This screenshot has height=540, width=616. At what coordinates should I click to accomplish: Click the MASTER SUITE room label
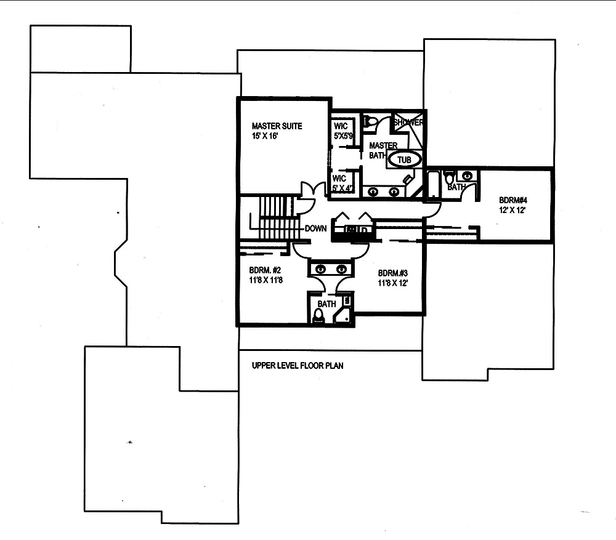point(277,126)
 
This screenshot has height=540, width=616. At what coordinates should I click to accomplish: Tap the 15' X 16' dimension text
point(266,136)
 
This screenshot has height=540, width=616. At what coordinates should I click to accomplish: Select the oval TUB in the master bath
point(404,159)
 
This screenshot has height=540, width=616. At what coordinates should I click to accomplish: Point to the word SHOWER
point(409,123)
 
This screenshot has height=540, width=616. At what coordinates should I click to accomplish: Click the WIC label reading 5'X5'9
point(342,131)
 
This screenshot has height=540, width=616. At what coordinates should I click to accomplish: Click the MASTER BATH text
point(383,150)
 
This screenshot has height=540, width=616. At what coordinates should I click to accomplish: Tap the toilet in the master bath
point(371,122)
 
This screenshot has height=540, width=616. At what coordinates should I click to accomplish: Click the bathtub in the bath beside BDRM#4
point(434,185)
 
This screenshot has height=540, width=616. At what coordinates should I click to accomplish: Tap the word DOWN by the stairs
point(315,228)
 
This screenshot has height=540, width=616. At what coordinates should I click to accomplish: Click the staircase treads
point(275,219)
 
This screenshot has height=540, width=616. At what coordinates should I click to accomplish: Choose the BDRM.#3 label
point(394,273)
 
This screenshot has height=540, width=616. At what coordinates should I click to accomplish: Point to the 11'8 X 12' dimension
point(392,283)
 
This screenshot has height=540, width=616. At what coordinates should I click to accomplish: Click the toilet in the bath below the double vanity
point(318,316)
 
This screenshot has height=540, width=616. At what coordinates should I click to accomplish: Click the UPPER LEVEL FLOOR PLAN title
point(298,365)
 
